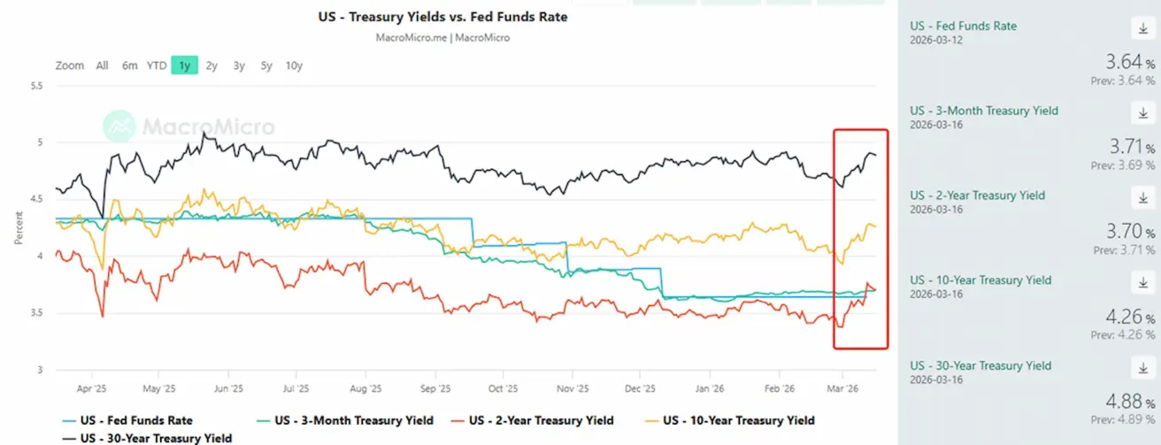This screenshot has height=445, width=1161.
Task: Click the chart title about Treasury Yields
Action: click(x=442, y=17)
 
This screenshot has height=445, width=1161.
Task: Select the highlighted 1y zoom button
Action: click(x=184, y=65)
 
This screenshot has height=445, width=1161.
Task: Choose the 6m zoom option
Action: click(x=129, y=65)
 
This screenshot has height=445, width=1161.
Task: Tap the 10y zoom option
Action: click(x=294, y=65)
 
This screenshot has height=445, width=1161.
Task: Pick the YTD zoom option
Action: click(x=156, y=65)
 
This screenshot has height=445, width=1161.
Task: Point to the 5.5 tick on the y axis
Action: click(x=36, y=86)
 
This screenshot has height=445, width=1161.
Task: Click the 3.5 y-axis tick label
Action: click(x=36, y=313)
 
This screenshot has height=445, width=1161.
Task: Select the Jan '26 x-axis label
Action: click(x=709, y=388)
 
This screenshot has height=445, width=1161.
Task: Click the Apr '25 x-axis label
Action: click(x=91, y=388)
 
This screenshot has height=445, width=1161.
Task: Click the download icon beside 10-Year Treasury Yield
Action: click(x=1140, y=283)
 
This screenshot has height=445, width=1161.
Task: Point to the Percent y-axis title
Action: click(x=19, y=227)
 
